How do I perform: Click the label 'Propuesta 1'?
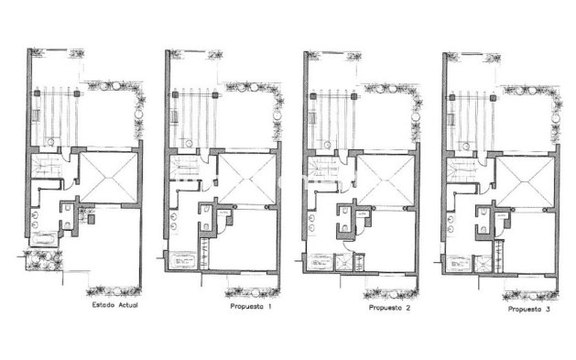pyautogui.click(x=250, y=305)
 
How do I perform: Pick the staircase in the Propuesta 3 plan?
pyautogui.click(x=462, y=170)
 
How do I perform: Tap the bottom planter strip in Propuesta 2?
pyautogui.click(x=389, y=293)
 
